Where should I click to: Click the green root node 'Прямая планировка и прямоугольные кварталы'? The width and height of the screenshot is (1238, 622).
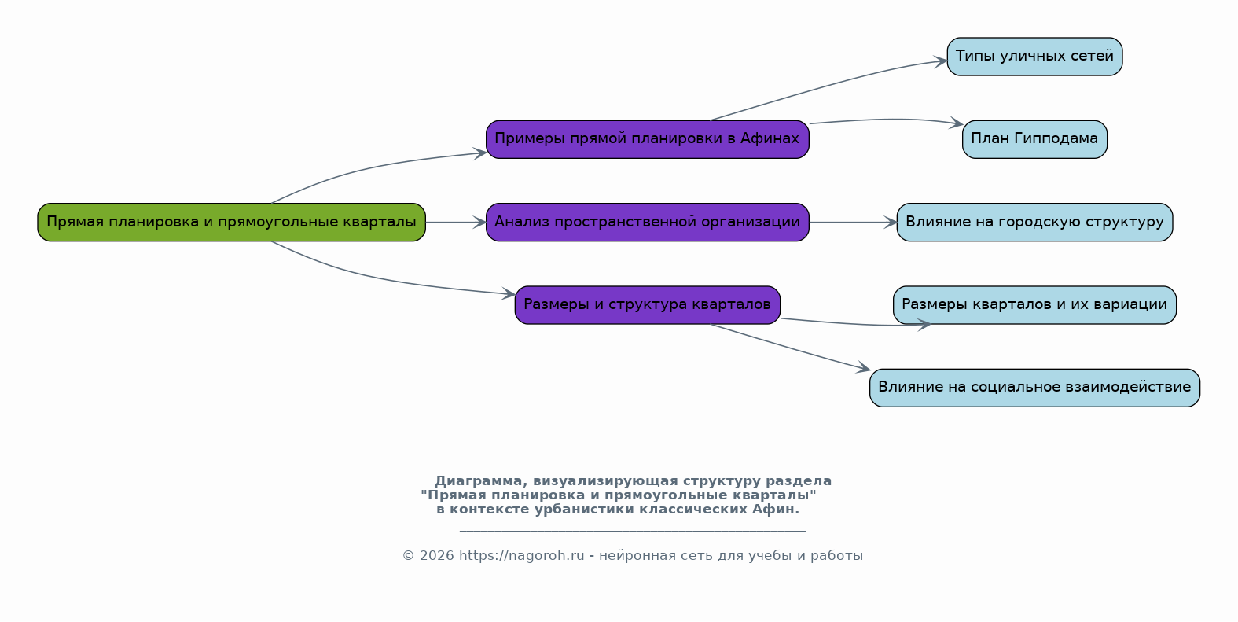pyautogui.click(x=232, y=223)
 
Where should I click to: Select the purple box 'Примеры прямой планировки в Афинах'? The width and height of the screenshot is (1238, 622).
pyautogui.click(x=648, y=139)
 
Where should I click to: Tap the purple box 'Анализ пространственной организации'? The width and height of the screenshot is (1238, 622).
pyautogui.click(x=648, y=223)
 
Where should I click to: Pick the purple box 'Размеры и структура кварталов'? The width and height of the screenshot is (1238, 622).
pyautogui.click(x=648, y=305)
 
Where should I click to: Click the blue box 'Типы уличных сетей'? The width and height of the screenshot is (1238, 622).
pyautogui.click(x=1034, y=57)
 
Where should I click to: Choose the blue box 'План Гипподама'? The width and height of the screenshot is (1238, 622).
pyautogui.click(x=1034, y=139)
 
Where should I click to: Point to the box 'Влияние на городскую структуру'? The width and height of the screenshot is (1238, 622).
pyautogui.click(x=1034, y=223)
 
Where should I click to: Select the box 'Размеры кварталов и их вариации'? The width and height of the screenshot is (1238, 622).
pyautogui.click(x=1034, y=305)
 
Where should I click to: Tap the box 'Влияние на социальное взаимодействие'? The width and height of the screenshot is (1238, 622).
pyautogui.click(x=1034, y=388)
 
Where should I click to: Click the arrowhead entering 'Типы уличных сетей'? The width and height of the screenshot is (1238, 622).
pyautogui.click(x=941, y=61)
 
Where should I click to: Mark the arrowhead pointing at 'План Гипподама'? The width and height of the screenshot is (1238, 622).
pyautogui.click(x=957, y=123)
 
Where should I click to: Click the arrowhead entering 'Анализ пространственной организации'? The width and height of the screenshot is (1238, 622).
pyautogui.click(x=479, y=223)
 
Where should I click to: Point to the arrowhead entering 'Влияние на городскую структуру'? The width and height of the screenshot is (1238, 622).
pyautogui.click(x=891, y=223)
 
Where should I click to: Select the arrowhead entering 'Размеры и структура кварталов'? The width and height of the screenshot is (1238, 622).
pyautogui.click(x=509, y=293)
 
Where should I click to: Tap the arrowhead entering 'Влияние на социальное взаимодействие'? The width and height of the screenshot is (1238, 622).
pyautogui.click(x=864, y=368)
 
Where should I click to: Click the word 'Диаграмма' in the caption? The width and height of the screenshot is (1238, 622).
pyautogui.click(x=479, y=481)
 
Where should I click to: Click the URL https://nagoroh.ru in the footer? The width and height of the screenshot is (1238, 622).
pyautogui.click(x=521, y=556)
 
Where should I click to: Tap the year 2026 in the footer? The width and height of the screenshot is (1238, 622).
pyautogui.click(x=436, y=556)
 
